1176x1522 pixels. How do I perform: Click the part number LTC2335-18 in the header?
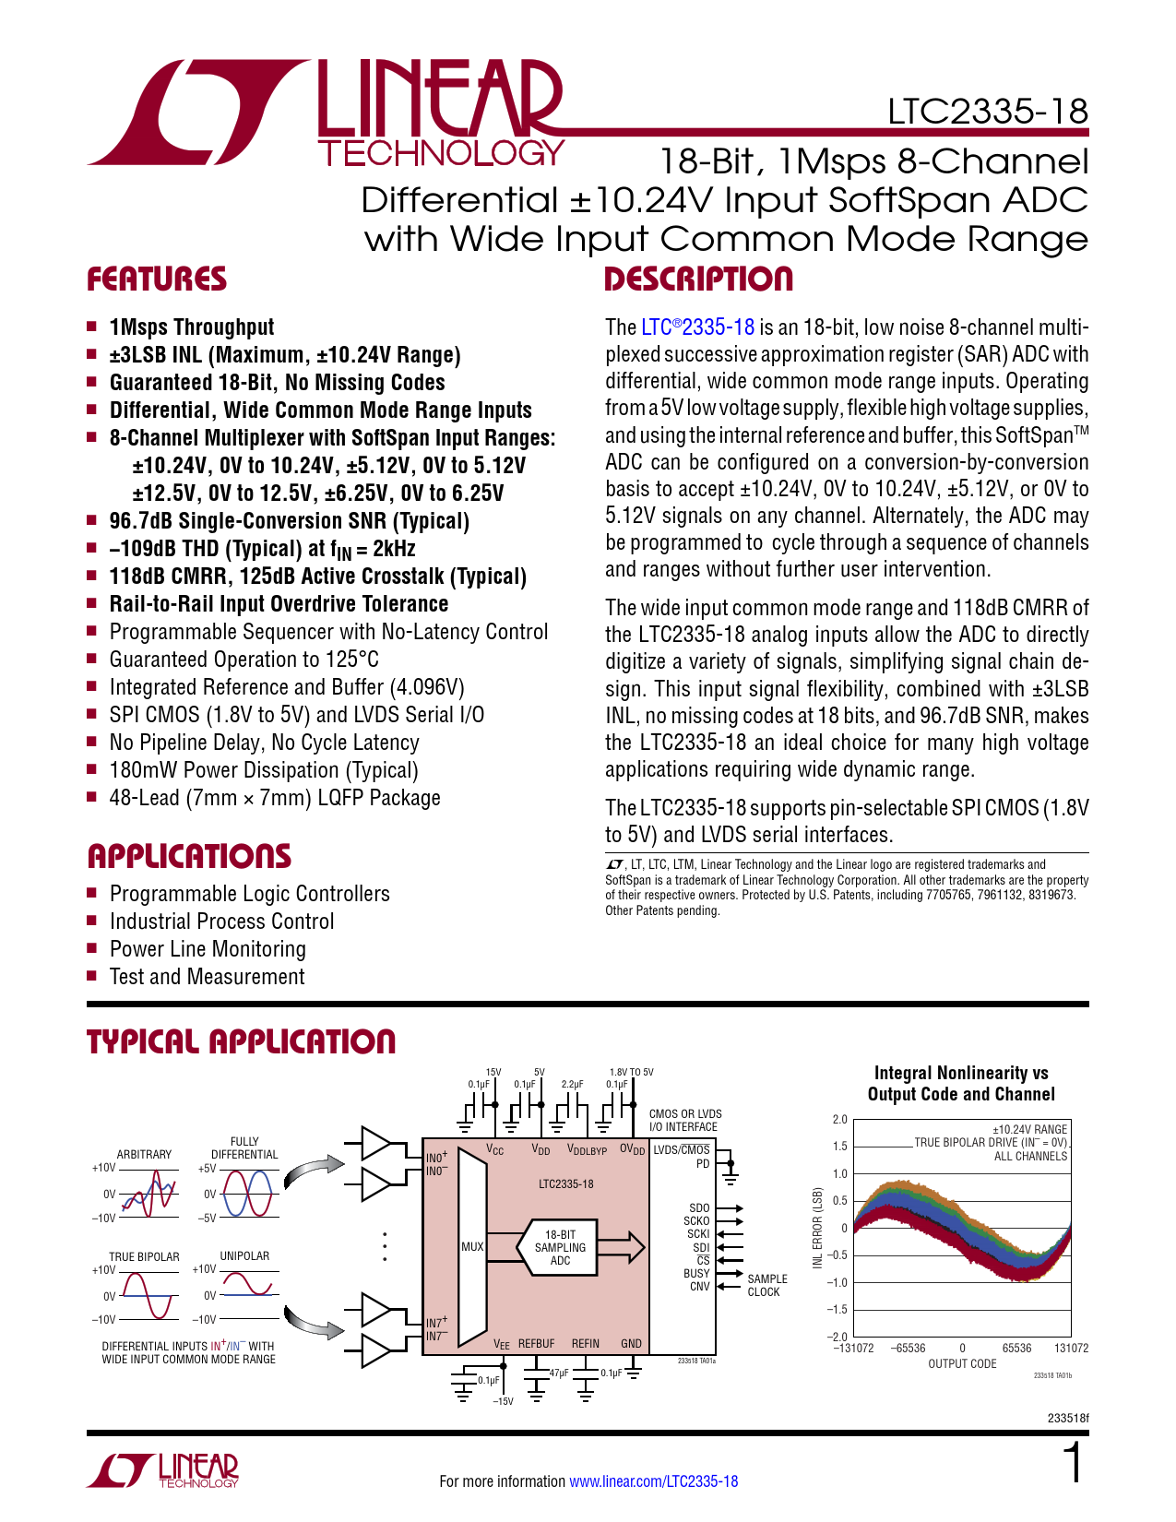pyautogui.click(x=987, y=112)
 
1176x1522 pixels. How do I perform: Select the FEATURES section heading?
pyautogui.click(x=157, y=279)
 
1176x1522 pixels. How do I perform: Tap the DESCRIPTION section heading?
pyautogui.click(x=698, y=279)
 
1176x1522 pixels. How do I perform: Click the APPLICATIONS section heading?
pyautogui.click(x=189, y=856)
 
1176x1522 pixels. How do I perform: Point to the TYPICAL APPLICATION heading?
pyautogui.click(x=241, y=1042)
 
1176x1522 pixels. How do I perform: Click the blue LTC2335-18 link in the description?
pyautogui.click(x=697, y=327)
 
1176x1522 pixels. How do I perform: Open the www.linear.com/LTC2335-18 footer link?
pyautogui.click(x=653, y=1481)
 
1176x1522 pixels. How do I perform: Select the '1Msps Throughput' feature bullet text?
pyautogui.click(x=192, y=327)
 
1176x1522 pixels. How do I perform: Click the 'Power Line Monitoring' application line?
pyautogui.click(x=208, y=949)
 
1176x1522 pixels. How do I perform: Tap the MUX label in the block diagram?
pyautogui.click(x=472, y=1247)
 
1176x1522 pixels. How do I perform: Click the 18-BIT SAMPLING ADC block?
pyautogui.click(x=560, y=1247)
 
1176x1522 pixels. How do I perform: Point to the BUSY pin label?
pyautogui.click(x=696, y=1273)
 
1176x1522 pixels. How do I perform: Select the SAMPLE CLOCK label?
pyautogui.click(x=766, y=1285)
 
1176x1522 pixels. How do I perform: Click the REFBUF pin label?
pyautogui.click(x=536, y=1344)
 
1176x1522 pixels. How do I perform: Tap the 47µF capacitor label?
pyautogui.click(x=559, y=1373)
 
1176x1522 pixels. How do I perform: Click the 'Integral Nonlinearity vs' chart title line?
pyautogui.click(x=961, y=1073)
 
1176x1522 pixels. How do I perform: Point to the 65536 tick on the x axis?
pyautogui.click(x=1017, y=1348)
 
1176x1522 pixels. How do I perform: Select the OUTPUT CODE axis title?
pyautogui.click(x=962, y=1363)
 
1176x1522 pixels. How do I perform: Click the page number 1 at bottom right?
pyautogui.click(x=1074, y=1464)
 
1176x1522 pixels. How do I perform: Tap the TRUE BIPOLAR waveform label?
pyautogui.click(x=144, y=1256)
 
